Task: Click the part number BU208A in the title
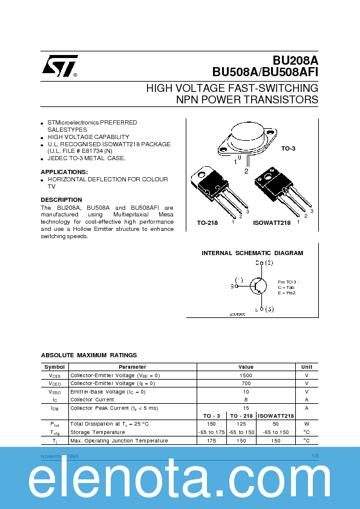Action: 295,60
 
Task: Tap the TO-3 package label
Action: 289,148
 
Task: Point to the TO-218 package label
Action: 208,223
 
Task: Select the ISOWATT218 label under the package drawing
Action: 272,223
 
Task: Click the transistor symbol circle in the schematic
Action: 259,286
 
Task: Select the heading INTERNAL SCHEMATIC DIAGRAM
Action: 252,253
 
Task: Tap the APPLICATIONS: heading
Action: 64,172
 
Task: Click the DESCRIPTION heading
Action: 61,199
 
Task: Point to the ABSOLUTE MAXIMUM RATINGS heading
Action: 89,355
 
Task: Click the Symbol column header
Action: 54,367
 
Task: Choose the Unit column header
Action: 307,367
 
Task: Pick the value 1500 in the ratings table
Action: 246,375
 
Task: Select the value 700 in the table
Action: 246,383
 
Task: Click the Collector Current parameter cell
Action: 92,400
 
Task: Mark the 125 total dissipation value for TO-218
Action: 242,424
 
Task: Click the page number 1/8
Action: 315,455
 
